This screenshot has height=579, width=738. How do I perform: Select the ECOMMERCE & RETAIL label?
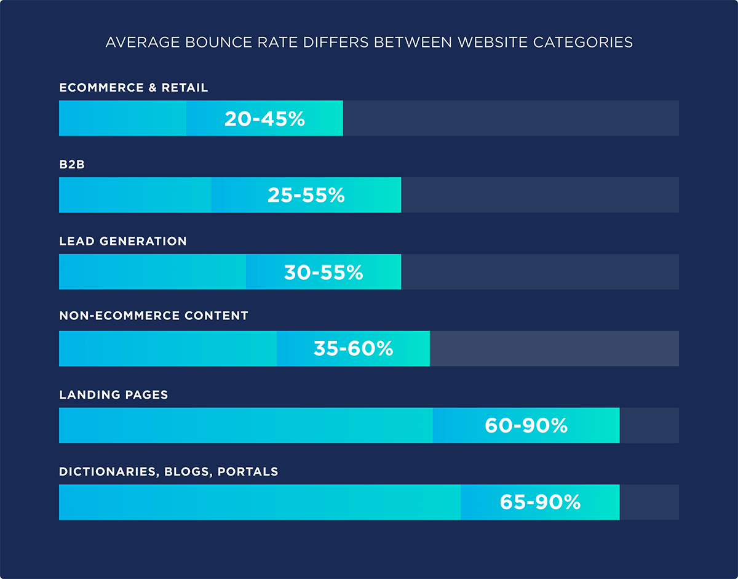click(133, 88)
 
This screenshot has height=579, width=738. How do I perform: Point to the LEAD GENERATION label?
click(123, 241)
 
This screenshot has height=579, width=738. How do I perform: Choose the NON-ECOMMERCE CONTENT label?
click(154, 316)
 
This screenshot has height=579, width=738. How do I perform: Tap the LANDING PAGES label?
click(114, 394)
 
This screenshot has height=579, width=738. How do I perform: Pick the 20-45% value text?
click(264, 119)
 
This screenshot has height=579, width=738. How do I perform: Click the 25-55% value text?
click(306, 195)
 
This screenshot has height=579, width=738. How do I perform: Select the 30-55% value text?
click(323, 272)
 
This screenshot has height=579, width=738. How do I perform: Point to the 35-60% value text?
click(353, 349)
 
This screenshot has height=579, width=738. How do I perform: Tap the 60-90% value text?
click(526, 425)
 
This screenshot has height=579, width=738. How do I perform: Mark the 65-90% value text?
click(540, 502)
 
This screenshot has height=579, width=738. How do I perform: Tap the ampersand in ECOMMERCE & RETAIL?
click(153, 88)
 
